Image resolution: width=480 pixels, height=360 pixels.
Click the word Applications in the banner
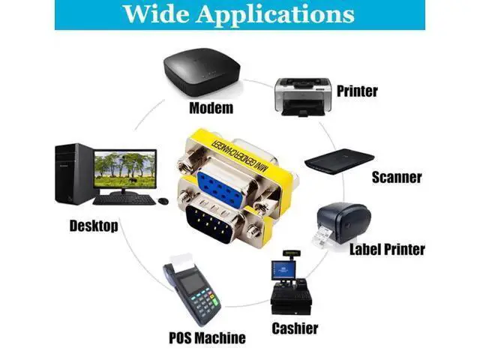click(275, 15)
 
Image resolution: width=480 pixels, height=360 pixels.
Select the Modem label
click(211, 108)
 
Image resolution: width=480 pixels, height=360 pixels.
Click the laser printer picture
click(302, 97)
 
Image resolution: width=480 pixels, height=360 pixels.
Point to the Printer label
click(357, 91)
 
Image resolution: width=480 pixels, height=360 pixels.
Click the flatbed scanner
click(340, 162)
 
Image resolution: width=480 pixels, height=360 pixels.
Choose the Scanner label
click(397, 177)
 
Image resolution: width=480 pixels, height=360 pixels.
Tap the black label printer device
click(342, 224)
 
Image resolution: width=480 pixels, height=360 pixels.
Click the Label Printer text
click(387, 249)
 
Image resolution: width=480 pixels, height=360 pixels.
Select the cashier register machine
click(291, 283)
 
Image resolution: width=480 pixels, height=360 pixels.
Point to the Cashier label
click(295, 328)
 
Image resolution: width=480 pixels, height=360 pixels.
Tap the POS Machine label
click(207, 337)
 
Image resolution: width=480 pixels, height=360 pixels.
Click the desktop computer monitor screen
click(125, 169)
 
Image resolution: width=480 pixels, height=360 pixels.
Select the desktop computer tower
click(74, 174)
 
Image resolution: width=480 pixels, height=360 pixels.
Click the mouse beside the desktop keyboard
click(163, 201)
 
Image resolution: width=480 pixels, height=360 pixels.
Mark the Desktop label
click(94, 226)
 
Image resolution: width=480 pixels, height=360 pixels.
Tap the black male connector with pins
click(213, 224)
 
